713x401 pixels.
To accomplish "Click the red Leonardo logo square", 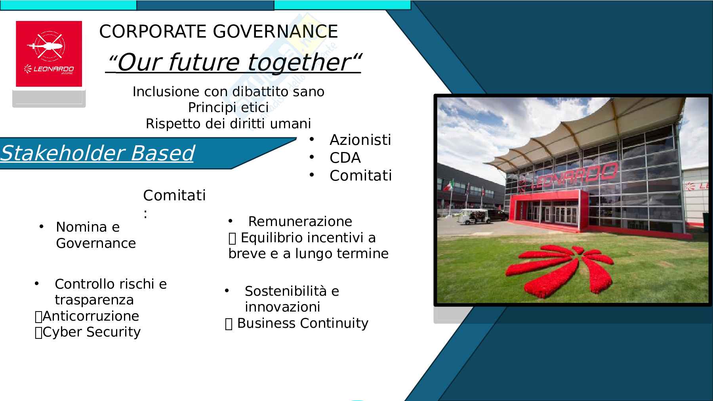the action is point(49,54).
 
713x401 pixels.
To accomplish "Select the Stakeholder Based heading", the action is point(97,153).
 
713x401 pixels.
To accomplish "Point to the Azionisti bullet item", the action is point(360,140).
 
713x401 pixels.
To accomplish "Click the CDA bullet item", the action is point(345,158).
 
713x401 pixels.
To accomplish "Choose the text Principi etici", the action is point(228,107).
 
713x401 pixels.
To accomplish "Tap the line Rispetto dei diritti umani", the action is point(228,124).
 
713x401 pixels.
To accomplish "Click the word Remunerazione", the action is point(300,221).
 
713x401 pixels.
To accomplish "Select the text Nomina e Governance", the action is point(96,235).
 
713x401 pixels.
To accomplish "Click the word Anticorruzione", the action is point(91,316).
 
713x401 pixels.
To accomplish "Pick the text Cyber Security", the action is point(92,332).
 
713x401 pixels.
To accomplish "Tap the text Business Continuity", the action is point(303,323).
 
